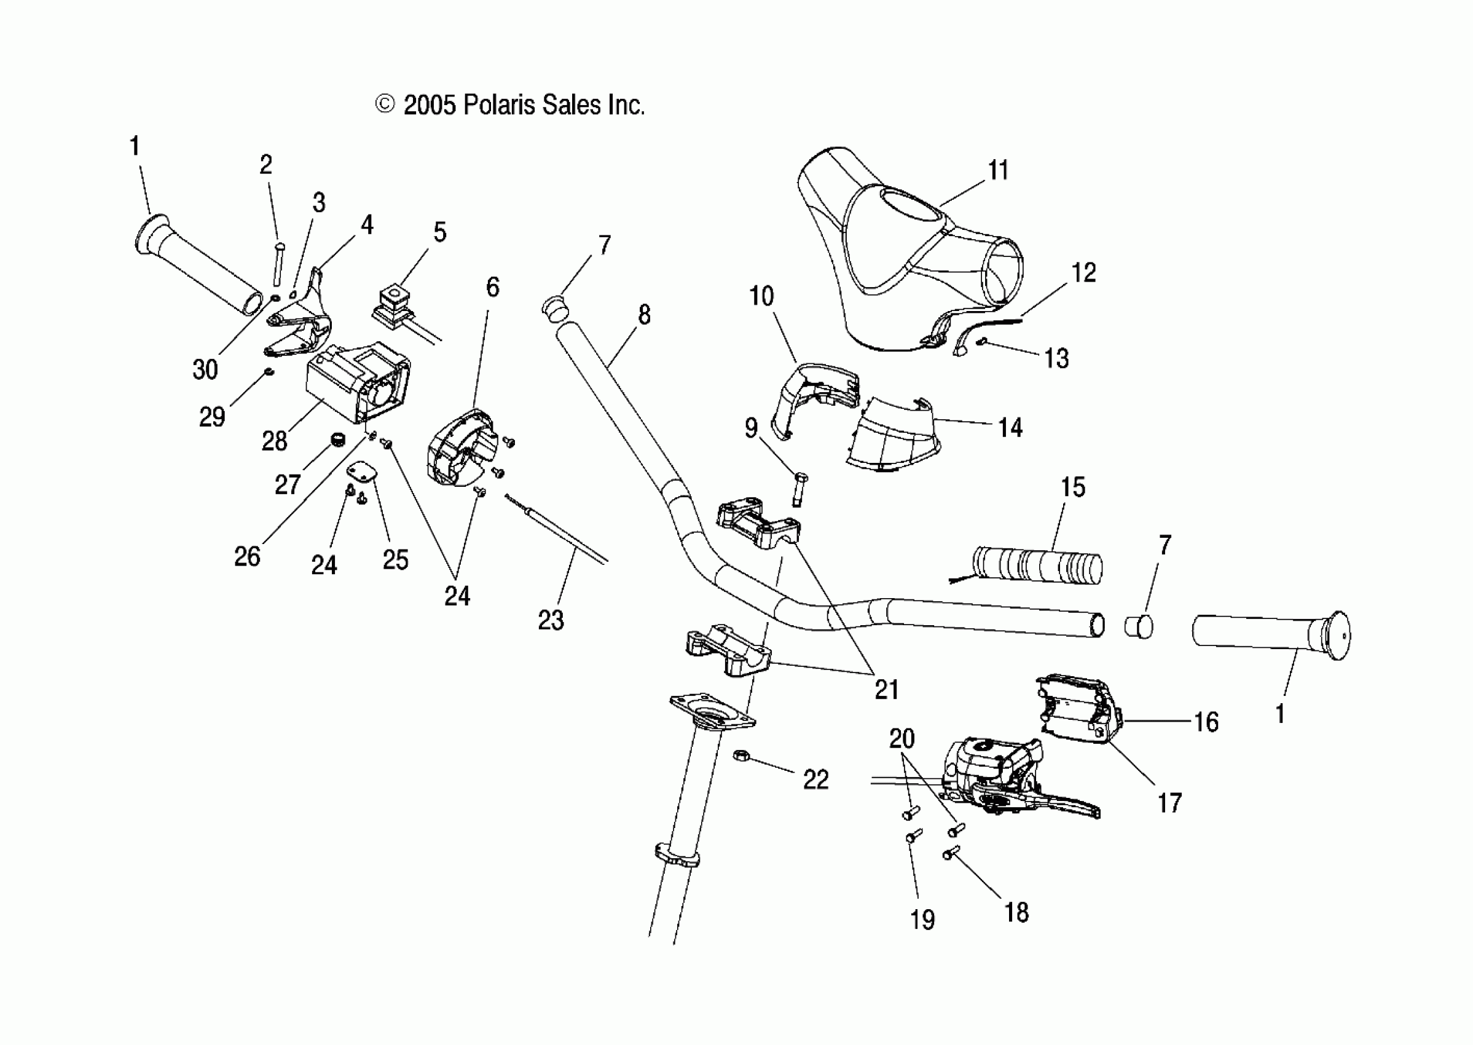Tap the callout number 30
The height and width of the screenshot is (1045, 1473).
(x=205, y=369)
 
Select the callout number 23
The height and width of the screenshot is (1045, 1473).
(x=551, y=620)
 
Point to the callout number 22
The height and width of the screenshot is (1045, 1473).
(x=815, y=780)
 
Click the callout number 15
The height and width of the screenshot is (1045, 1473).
(x=1072, y=487)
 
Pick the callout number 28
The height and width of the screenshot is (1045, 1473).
(x=274, y=441)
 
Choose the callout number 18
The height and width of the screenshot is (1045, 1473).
(x=1016, y=912)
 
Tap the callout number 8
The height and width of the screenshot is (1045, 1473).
(x=644, y=315)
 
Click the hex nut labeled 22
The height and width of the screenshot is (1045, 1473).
(x=740, y=754)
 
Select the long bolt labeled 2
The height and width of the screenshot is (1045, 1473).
(x=279, y=264)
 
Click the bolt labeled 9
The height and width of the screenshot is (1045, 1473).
(x=799, y=491)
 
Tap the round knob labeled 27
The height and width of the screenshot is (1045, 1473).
(x=338, y=440)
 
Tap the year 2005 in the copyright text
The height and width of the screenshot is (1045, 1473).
(x=430, y=105)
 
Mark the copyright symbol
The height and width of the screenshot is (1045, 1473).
(x=384, y=104)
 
